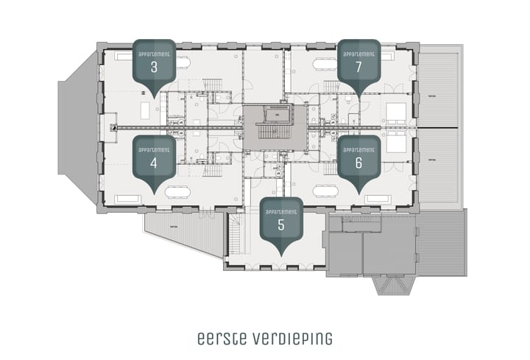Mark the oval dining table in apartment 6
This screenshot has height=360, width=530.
tap(324, 190)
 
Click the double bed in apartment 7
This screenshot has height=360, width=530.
tap(395, 112)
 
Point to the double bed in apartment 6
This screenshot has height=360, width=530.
tap(395, 143)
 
